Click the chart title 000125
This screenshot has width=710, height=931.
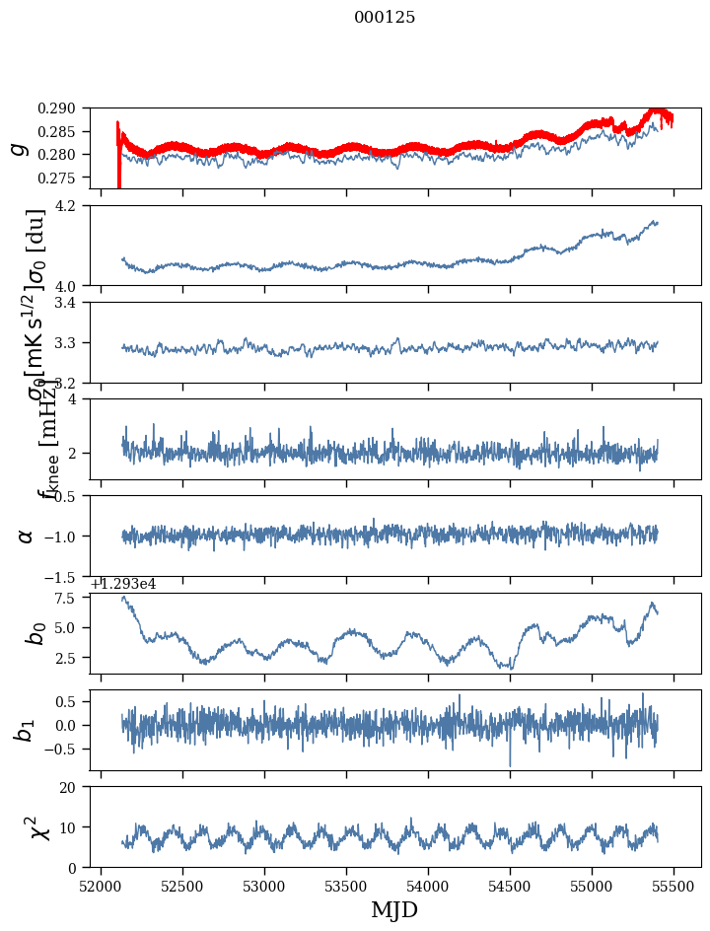(x=385, y=18)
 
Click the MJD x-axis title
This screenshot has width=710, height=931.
(x=394, y=910)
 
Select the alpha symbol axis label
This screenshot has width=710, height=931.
(x=26, y=536)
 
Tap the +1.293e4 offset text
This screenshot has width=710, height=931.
(x=122, y=584)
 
